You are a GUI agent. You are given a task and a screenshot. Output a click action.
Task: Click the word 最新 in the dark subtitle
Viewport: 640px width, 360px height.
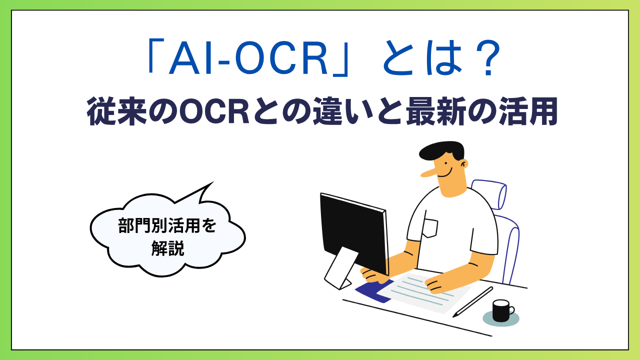pos(436,111)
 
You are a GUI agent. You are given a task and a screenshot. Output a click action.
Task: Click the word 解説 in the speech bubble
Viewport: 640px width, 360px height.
pos(167,248)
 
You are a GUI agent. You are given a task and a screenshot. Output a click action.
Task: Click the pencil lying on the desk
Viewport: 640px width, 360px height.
pos(473,302)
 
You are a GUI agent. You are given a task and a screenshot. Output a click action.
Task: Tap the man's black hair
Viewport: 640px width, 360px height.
pos(441,150)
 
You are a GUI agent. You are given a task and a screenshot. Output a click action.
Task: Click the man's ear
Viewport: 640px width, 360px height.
pos(464,164)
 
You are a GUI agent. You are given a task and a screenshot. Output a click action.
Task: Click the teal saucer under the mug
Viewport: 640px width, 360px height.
pos(501,318)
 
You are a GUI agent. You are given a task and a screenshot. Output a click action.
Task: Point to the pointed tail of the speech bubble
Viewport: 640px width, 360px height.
pos(213,182)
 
